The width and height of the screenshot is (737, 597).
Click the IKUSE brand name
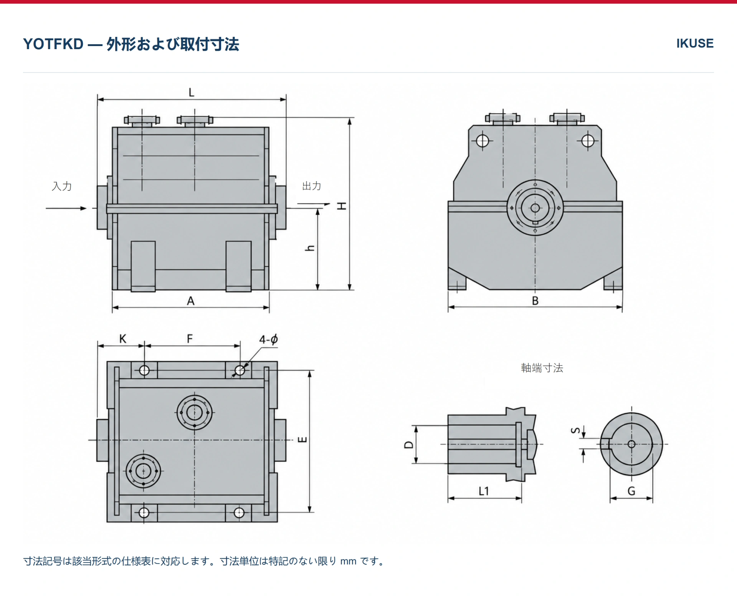coord(695,43)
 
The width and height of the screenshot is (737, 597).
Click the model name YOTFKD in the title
coord(53,44)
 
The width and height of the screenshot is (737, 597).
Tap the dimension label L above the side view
coord(192,93)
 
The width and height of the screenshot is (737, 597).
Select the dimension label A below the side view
coord(191,301)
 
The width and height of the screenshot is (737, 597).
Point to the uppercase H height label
coord(342,206)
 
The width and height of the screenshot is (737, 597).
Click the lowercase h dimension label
coord(310,248)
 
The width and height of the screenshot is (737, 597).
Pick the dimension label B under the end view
coord(535,301)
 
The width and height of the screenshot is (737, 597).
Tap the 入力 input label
coord(62,186)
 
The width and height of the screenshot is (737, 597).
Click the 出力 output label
coord(312,186)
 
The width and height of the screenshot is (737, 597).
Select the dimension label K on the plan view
coord(123,339)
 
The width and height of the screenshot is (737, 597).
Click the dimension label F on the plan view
coord(190,339)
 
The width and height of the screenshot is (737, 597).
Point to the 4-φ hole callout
coord(268,339)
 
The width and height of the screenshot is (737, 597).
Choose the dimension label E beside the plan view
coord(302,440)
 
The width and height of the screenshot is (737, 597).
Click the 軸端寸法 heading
coord(542,368)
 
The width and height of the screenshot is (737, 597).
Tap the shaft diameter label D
coord(409,445)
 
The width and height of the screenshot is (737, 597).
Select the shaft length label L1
coord(484,491)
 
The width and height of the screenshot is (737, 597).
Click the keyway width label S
coord(575,430)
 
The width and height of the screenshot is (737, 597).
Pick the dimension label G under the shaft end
coord(631,491)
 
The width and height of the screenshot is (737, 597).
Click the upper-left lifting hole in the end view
coord(483,141)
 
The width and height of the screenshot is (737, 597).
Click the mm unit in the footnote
coord(348,561)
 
